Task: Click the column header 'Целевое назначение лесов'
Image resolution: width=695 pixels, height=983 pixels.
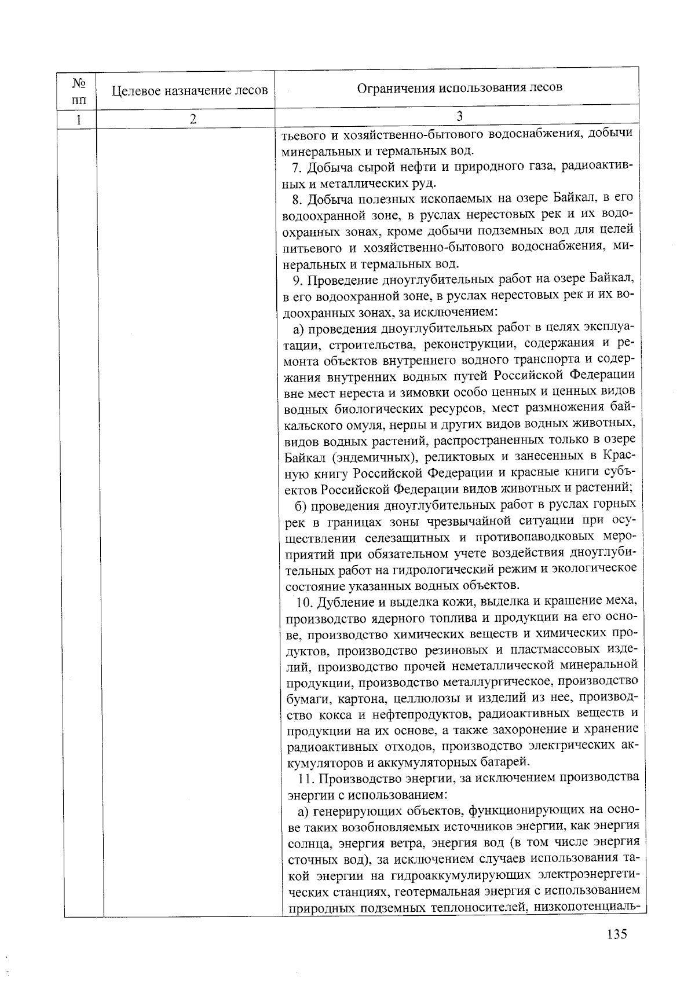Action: click(189, 90)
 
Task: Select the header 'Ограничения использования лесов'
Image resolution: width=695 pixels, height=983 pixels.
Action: click(459, 87)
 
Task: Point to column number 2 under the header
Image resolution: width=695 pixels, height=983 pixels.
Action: click(193, 119)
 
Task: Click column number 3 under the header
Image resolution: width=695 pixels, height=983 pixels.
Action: click(459, 116)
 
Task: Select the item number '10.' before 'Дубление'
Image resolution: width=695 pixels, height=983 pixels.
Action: click(304, 601)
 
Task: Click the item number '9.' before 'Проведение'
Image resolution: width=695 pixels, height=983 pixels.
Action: click(297, 281)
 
